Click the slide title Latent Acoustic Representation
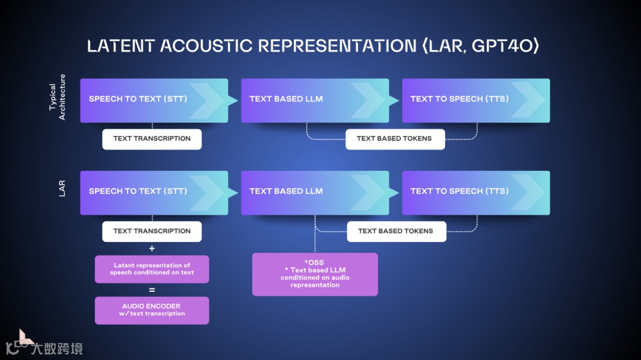tap(252, 46)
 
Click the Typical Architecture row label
tap(58, 97)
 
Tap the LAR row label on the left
tap(62, 189)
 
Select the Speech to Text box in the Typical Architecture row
tap(154, 100)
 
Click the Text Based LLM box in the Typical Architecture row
tap(315, 100)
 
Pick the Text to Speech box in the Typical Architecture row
tap(475, 100)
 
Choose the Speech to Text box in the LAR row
tap(154, 192)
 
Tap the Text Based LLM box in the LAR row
tap(315, 192)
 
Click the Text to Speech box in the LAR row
tap(475, 192)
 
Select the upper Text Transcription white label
tap(152, 139)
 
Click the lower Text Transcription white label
tap(152, 231)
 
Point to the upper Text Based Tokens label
tap(395, 139)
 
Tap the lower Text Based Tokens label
tap(396, 231)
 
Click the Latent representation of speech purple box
tap(152, 269)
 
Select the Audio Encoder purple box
tap(152, 310)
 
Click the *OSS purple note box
tap(315, 274)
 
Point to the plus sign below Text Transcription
tap(152, 249)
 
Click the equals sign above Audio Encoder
tap(152, 290)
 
